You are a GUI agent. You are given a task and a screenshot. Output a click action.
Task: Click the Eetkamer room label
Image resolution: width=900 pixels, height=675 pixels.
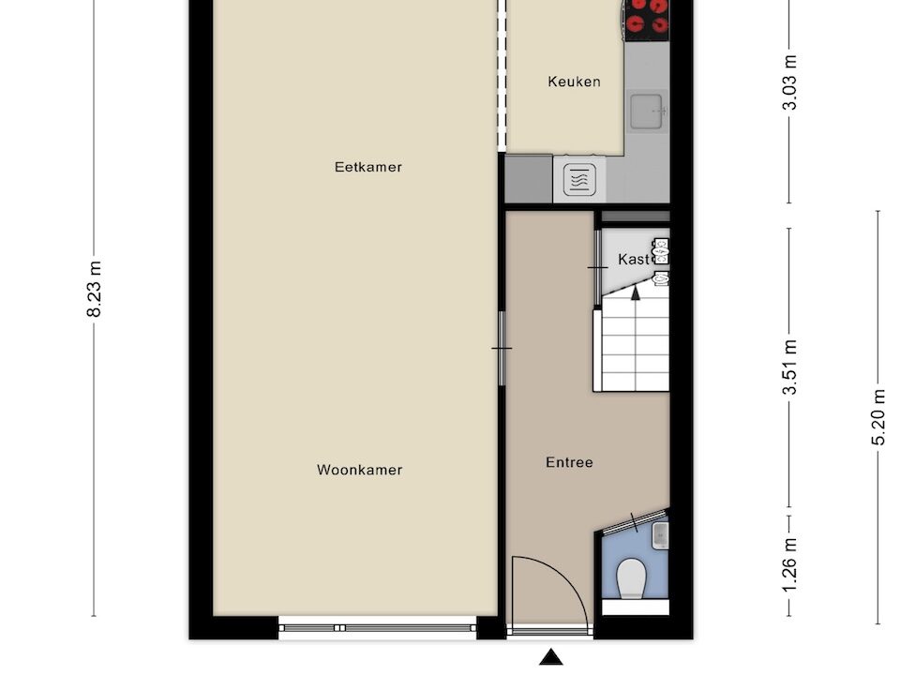tap(367, 167)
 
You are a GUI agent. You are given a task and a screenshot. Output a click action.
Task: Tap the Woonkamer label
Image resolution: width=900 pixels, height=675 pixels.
tap(359, 470)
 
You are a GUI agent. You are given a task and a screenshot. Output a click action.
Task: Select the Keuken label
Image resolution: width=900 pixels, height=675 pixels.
tap(574, 82)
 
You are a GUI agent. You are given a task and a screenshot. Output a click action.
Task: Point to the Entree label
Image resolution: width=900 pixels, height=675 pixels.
tap(569, 462)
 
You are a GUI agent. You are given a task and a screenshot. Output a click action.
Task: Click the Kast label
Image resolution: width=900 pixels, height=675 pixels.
tap(633, 260)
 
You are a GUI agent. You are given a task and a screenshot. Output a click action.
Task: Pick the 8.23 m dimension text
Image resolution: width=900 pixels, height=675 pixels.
tap(94, 289)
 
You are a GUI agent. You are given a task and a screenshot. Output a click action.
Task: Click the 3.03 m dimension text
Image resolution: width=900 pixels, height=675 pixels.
tap(790, 82)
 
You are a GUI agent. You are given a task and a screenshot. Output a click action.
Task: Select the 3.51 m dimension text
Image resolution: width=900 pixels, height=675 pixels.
tap(790, 367)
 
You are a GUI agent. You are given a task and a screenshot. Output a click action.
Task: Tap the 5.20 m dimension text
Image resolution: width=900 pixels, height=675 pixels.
tap(878, 416)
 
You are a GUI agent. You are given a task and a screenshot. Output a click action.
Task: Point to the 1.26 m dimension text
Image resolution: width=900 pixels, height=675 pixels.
tap(790, 566)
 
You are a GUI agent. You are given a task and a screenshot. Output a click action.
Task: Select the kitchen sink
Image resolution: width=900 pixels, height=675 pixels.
tap(649, 111)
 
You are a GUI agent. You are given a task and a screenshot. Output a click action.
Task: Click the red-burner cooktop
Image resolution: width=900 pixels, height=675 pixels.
tap(648, 20)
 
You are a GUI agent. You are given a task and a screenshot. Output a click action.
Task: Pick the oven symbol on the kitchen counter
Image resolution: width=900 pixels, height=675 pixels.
tap(579, 180)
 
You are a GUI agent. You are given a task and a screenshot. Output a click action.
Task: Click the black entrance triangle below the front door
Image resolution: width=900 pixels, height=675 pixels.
tap(551, 657)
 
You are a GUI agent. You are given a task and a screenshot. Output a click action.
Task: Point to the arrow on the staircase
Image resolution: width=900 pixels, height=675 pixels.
tap(636, 293)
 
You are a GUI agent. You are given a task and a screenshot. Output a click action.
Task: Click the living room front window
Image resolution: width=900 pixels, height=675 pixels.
tap(378, 628)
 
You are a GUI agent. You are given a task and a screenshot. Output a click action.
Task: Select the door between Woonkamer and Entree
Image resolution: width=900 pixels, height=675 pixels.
tap(502, 349)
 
